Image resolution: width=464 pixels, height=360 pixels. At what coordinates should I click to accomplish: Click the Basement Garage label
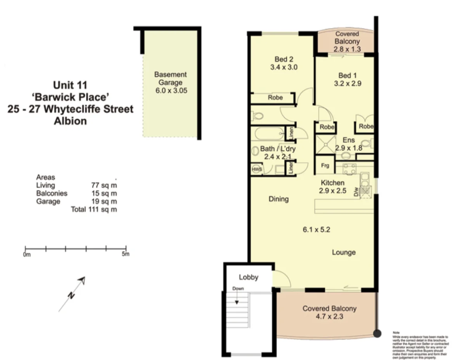170,78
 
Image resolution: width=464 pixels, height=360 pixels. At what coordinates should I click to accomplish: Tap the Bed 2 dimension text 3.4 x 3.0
284,67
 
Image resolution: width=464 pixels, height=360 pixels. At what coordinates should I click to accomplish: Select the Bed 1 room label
347,75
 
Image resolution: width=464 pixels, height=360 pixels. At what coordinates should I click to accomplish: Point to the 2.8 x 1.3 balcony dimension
347,49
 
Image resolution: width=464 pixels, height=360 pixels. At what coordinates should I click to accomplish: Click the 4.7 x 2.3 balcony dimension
329,316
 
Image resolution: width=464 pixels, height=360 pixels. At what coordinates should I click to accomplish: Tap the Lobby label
248,277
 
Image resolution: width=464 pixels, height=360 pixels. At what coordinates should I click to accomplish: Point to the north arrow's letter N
71,295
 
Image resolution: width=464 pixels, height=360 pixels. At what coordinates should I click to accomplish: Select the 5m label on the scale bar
125,254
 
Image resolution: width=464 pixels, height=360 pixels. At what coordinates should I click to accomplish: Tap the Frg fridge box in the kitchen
325,166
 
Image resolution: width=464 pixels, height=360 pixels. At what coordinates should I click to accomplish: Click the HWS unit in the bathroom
256,170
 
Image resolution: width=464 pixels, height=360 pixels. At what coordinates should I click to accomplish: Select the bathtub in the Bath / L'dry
268,134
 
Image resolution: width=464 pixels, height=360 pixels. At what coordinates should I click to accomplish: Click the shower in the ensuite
325,144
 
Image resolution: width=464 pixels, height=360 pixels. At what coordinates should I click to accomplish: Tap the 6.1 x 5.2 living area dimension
316,229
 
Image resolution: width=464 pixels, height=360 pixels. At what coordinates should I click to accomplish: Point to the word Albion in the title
70,121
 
